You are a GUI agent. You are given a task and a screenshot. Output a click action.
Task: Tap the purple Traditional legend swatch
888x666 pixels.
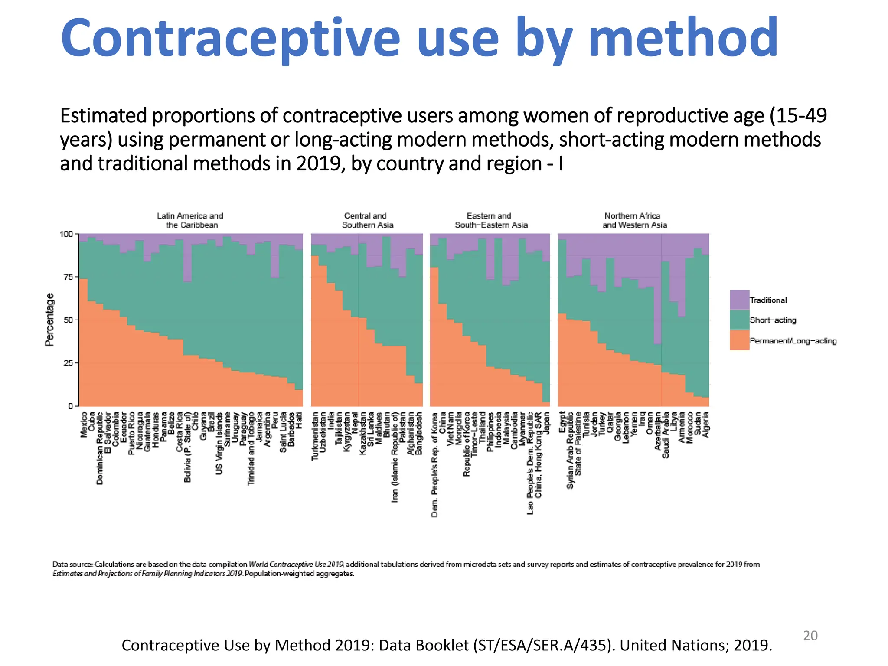(739, 300)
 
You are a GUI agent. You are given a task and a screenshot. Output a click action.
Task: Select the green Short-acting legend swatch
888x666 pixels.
(739, 320)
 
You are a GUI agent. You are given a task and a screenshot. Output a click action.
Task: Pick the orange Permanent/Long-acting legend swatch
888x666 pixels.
(739, 340)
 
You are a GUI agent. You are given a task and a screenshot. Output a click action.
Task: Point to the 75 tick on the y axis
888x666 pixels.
(67, 277)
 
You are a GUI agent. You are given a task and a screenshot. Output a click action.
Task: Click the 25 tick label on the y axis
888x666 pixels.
(67, 363)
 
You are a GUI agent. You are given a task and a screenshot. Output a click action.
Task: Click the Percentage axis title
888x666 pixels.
(50, 320)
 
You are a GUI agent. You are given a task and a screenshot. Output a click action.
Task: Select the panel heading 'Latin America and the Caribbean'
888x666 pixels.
(190, 220)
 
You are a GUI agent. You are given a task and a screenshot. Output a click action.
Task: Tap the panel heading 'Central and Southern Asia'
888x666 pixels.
(367, 220)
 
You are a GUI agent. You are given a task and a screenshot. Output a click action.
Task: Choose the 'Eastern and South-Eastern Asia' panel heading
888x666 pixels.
(490, 220)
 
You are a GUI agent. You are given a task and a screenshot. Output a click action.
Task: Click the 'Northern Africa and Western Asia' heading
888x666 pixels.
(634, 220)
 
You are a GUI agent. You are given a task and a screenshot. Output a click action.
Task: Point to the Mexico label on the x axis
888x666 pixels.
(84, 425)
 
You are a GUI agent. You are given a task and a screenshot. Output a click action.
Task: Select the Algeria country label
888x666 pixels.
(705, 424)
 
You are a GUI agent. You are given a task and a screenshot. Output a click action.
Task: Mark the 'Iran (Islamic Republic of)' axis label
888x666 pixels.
(395, 457)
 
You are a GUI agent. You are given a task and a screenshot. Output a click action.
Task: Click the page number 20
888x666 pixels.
(810, 636)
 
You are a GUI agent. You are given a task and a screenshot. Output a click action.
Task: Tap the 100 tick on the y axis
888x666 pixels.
(66, 234)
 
